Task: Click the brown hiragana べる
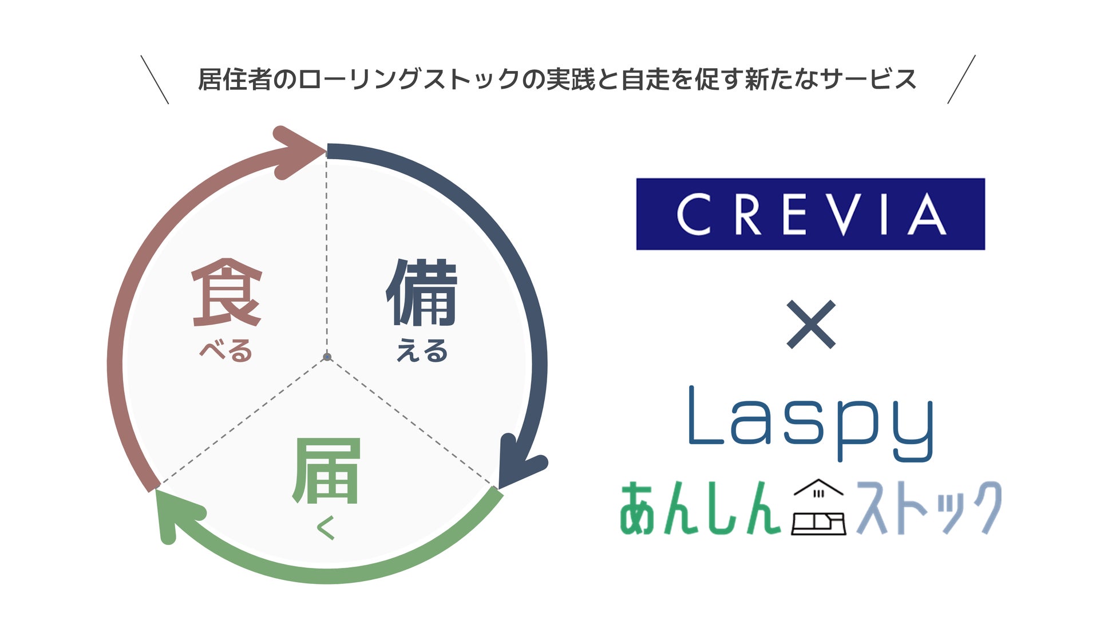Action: pos(226,350)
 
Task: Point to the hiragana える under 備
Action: pos(422,350)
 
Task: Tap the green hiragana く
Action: pos(326,528)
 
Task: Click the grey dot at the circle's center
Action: pos(327,357)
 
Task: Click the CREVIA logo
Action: pos(810,214)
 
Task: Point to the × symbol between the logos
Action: pos(811,325)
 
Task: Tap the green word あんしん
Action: pos(700,508)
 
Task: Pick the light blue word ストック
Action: pos(929,508)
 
